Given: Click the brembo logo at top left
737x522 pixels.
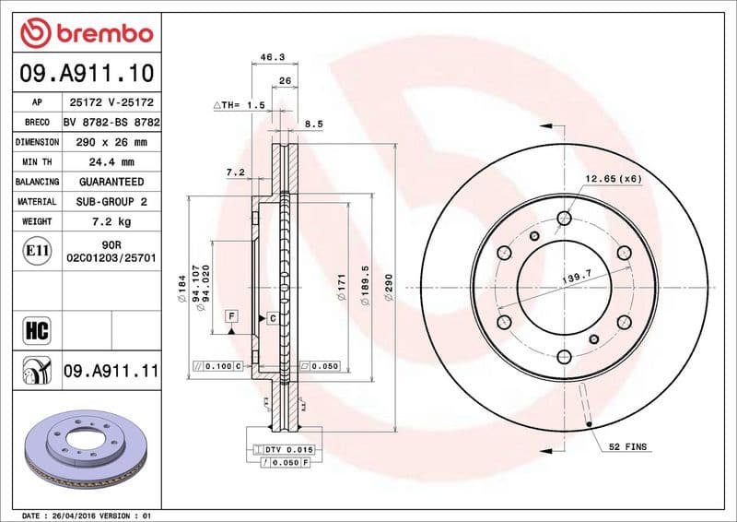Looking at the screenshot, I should [x=86, y=34].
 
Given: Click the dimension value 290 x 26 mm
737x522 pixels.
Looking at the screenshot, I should [x=111, y=142].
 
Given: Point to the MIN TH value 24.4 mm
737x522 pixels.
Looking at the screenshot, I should [x=111, y=162].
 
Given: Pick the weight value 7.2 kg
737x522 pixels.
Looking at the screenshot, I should [x=111, y=221].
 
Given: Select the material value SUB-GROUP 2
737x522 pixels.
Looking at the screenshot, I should [x=111, y=201].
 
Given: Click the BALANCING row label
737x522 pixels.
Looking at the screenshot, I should [x=37, y=182].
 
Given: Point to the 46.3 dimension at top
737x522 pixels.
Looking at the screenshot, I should [x=272, y=57].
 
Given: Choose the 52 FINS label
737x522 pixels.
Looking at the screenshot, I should [x=627, y=447].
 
